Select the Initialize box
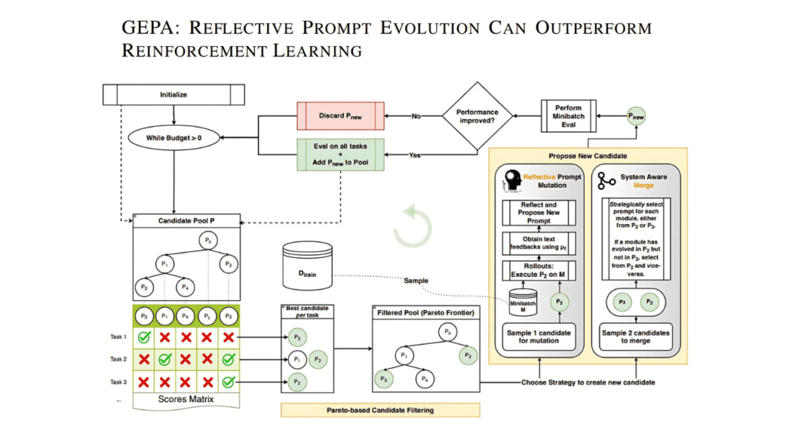coord(173,95)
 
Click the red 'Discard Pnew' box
coord(340,116)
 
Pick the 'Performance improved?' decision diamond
coord(477,117)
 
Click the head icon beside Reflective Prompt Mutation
coord(511,181)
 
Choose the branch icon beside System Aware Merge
coord(607,181)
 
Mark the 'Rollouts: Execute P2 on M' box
coord(540,270)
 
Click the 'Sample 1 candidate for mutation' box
coord(540,337)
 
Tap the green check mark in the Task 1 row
coord(143,336)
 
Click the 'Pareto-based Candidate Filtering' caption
coord(379,411)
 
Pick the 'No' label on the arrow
coord(416,117)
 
